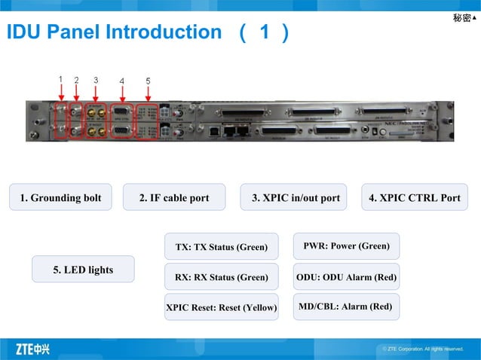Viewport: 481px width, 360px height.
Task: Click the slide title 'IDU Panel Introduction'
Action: point(113,32)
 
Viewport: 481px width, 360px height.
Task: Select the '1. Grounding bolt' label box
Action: point(60,198)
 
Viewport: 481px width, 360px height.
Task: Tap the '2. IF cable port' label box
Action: point(174,198)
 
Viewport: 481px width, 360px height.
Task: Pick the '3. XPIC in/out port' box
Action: point(294,198)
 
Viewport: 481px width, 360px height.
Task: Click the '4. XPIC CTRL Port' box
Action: point(414,198)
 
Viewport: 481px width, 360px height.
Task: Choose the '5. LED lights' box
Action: point(83,270)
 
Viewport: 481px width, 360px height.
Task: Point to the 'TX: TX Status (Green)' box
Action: point(221,247)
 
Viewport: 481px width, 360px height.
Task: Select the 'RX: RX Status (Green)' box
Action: point(221,277)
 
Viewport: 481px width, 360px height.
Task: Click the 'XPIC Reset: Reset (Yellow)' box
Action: point(221,307)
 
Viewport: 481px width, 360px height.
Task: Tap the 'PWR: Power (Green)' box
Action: point(346,246)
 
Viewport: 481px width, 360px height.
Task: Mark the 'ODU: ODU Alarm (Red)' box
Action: point(346,277)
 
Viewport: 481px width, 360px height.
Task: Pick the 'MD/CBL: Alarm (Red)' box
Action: point(346,307)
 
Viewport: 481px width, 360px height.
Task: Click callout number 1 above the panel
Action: point(60,78)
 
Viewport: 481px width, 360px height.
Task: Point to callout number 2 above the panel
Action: point(76,79)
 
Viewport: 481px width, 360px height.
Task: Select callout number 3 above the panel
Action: point(96,79)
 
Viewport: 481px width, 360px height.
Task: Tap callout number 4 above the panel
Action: point(122,80)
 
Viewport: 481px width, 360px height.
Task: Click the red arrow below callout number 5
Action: point(149,93)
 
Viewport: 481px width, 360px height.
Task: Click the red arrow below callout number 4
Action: point(122,93)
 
